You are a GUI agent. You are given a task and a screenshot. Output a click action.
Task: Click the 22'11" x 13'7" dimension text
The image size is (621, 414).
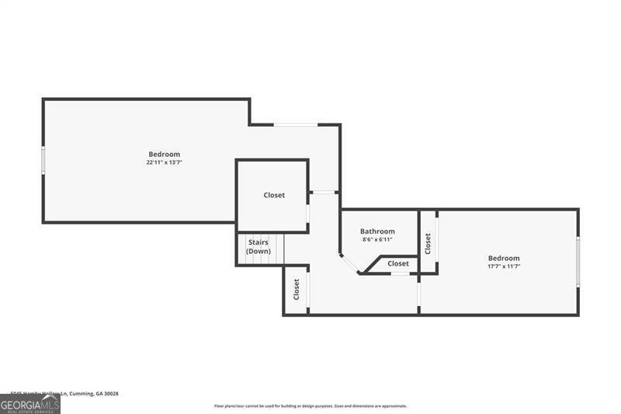(164, 162)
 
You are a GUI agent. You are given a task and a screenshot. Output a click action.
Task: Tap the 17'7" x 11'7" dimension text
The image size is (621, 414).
(504, 266)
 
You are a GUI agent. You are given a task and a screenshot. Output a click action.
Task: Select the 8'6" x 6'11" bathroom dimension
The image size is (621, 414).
(377, 239)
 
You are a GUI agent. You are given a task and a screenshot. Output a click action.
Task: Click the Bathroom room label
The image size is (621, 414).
(377, 231)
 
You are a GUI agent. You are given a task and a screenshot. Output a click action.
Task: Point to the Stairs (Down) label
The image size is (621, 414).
(258, 247)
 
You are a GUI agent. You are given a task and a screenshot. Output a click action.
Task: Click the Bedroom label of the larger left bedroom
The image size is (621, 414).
(165, 154)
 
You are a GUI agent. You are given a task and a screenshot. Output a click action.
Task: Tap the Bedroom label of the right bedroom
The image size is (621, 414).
(504, 258)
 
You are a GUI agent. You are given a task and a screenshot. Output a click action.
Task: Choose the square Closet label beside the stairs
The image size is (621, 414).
(274, 195)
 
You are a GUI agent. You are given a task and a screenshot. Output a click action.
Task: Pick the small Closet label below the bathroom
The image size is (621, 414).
(398, 263)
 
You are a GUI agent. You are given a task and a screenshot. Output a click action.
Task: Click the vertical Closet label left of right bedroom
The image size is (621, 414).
(428, 244)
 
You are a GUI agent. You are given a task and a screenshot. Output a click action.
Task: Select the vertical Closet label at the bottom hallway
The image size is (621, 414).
(297, 290)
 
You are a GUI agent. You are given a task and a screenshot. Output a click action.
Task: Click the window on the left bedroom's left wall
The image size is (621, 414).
(43, 161)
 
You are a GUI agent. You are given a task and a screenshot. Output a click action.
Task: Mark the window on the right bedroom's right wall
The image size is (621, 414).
(578, 261)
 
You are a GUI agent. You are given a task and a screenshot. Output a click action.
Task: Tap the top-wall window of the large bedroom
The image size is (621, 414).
(296, 124)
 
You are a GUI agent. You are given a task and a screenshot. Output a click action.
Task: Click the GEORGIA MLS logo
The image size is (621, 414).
(30, 404)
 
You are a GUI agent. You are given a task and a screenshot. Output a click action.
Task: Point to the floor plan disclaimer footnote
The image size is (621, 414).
(310, 405)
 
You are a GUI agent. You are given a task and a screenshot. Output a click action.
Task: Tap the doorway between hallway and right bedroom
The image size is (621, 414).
(419, 294)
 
